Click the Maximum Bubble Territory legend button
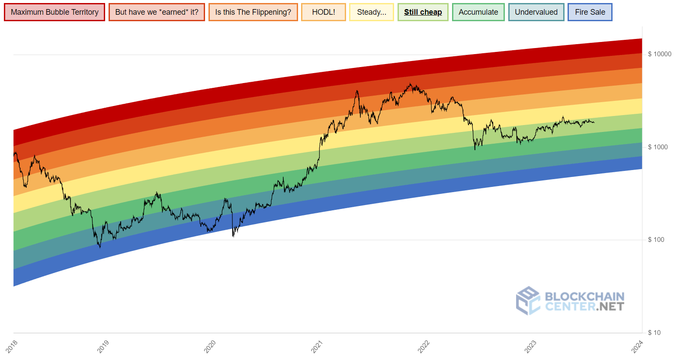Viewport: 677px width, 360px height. (x=55, y=12)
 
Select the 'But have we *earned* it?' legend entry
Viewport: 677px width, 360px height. (x=157, y=12)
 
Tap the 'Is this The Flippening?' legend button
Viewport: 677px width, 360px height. (x=253, y=12)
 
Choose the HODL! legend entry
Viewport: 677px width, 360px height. (x=324, y=12)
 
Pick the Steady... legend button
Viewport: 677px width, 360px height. (x=372, y=12)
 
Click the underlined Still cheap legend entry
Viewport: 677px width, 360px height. (x=423, y=12)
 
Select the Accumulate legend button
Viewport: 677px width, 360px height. (x=478, y=12)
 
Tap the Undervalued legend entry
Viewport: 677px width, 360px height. (x=536, y=12)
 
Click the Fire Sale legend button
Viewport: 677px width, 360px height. (x=590, y=12)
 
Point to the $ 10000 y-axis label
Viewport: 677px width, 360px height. (x=659, y=54)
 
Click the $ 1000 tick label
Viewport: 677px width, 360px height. (x=658, y=147)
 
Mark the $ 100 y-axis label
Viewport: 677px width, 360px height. (x=656, y=240)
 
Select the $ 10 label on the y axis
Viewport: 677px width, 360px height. (x=654, y=333)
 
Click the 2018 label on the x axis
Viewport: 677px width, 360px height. (x=12, y=346)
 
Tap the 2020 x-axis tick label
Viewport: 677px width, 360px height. (x=210, y=346)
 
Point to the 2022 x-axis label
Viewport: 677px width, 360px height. (x=424, y=346)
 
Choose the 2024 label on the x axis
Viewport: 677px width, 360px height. (x=637, y=346)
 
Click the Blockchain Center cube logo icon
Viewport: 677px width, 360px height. (x=528, y=300)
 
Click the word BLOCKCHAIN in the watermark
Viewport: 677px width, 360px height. (x=584, y=296)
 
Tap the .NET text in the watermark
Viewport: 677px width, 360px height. (x=610, y=307)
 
